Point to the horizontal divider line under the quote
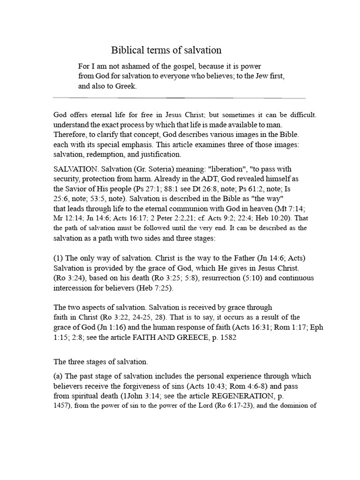pos(180,98)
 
